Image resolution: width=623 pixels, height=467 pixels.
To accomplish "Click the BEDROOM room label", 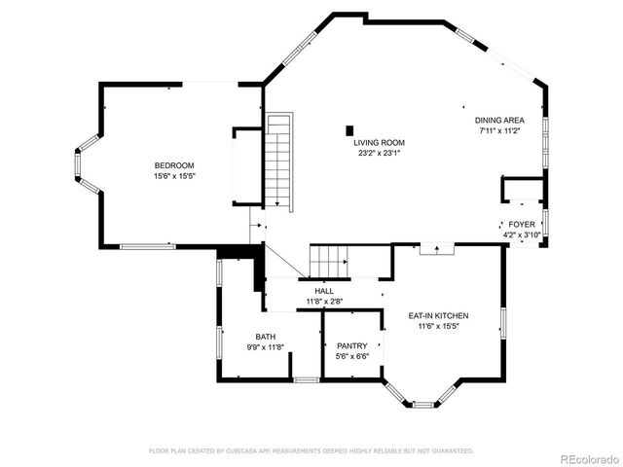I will tap(174, 165).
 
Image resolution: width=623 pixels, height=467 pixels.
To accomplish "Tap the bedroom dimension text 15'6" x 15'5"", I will tap(174, 176).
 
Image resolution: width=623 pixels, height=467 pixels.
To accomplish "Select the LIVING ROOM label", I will tap(379, 142).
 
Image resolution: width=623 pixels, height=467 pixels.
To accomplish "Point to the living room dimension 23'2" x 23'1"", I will tap(379, 153).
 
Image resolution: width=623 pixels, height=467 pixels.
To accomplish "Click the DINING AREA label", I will tap(498, 120).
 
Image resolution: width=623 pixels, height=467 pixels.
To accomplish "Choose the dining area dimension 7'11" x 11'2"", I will tap(498, 130).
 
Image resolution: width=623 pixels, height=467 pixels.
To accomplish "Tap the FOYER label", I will tap(521, 224).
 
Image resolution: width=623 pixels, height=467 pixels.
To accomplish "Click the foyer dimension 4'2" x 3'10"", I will tap(521, 234).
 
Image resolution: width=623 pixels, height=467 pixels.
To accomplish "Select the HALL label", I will tap(324, 291).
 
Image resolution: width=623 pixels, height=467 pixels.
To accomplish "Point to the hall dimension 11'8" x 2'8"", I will tap(324, 302).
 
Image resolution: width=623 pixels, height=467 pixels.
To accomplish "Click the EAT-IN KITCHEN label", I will tap(439, 316).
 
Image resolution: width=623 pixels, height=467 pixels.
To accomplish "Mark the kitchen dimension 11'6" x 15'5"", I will tap(439, 327).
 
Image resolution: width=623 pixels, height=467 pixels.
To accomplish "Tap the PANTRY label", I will tap(351, 345).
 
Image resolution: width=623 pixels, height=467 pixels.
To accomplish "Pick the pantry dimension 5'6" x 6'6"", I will tap(351, 356).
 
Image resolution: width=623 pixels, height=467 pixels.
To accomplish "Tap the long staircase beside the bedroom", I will tap(278, 161).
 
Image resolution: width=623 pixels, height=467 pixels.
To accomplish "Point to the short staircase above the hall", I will tap(329, 261).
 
